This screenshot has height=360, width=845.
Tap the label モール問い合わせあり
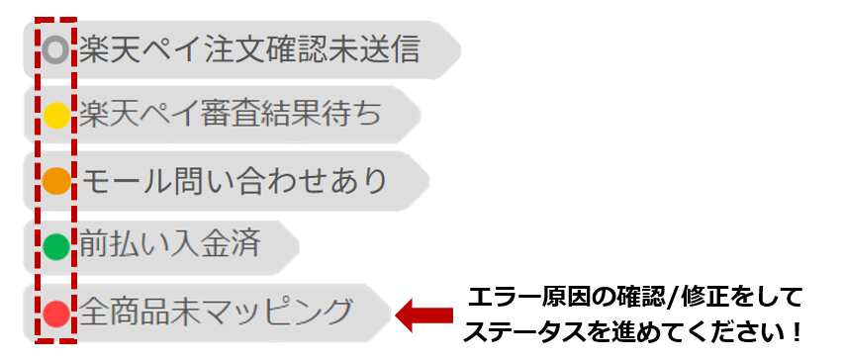235,181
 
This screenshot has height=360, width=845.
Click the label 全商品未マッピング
217,314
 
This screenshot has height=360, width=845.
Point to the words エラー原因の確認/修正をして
633,298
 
